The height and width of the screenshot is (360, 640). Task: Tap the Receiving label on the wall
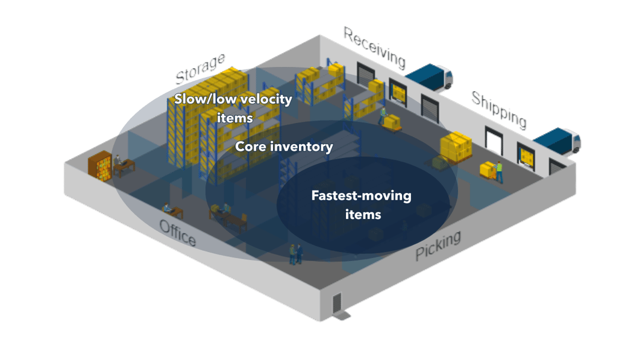374,46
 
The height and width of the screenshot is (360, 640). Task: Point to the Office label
177,233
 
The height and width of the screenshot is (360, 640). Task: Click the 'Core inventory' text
284,147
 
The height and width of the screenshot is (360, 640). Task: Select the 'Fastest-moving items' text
361,204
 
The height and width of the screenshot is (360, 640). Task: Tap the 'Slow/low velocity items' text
234,108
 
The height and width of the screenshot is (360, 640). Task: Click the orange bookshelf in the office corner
99,165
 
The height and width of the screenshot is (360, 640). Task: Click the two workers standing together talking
295,254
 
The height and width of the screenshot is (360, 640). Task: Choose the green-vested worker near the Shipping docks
499,172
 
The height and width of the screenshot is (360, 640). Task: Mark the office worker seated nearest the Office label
167,209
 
